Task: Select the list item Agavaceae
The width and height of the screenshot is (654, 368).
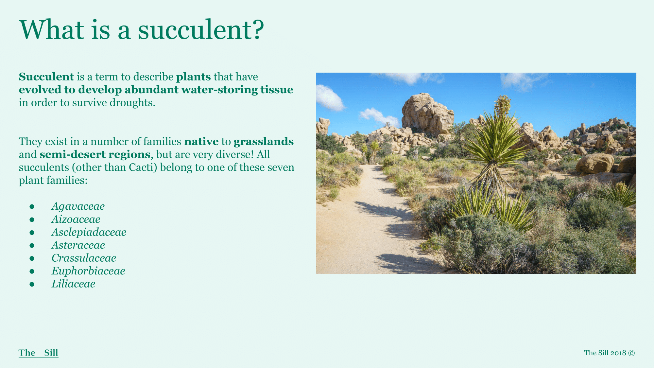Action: point(78,206)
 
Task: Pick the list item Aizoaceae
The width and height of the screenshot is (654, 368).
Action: point(76,219)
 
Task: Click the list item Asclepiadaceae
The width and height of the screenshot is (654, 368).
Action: point(89,232)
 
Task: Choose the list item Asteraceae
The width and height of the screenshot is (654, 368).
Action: point(78,245)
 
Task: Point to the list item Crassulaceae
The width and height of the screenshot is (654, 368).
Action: point(84,258)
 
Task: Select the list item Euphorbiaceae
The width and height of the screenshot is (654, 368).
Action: point(88,271)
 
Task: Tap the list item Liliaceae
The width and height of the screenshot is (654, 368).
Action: point(73,284)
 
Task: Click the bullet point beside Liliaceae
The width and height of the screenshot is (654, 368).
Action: point(32,284)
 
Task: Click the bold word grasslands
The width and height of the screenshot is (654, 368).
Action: point(264,142)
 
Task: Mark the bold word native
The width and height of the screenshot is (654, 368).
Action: point(201,142)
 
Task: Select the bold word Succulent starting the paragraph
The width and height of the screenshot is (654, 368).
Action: point(46,77)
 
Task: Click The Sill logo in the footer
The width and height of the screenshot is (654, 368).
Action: point(39,353)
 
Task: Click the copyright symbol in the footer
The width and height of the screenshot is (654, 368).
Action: point(631,353)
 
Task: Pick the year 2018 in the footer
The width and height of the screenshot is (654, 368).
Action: point(618,353)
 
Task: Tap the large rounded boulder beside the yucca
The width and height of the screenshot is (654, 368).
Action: point(594,163)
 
